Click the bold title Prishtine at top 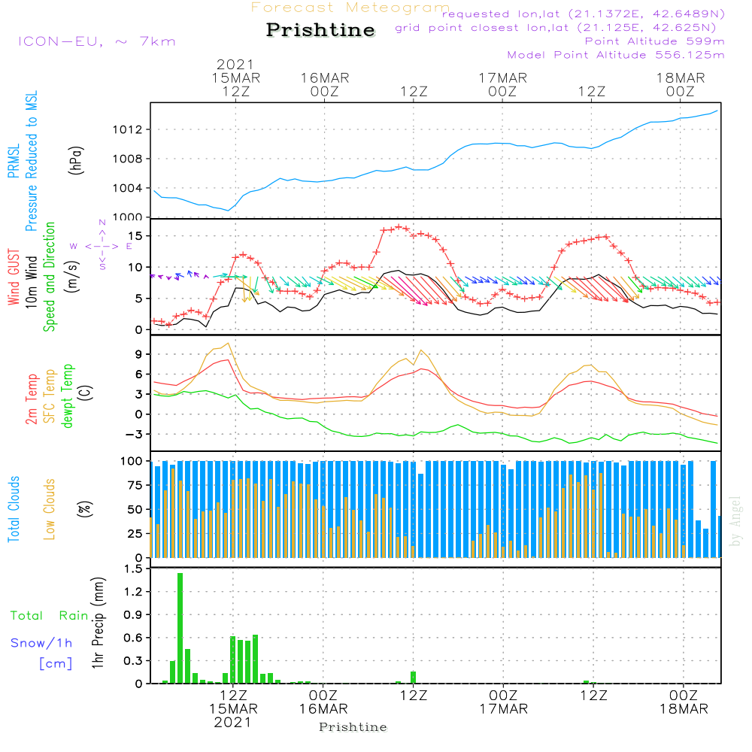(x=320, y=30)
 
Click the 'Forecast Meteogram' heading (x=350, y=8)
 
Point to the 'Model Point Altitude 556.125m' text (x=615, y=55)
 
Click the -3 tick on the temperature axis (x=136, y=434)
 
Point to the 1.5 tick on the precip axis (x=134, y=569)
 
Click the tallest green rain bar (x=180, y=628)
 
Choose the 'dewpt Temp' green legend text (x=69, y=396)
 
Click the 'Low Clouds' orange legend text (x=50, y=507)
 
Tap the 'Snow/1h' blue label (x=41, y=644)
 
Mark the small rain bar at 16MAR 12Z (x=413, y=678)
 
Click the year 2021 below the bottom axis (x=233, y=722)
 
